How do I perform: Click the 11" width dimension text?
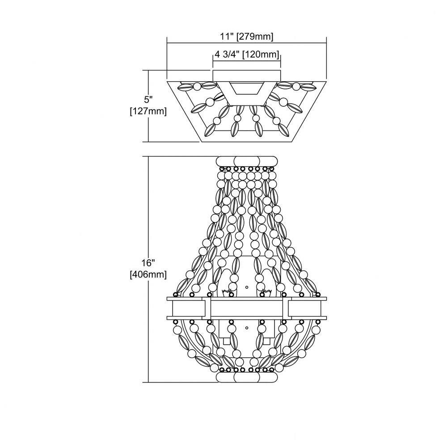pyautogui.click(x=227, y=37)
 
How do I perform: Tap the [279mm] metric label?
pyautogui.click(x=255, y=37)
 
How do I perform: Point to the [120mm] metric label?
pyautogui.click(x=261, y=54)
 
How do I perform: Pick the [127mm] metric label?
pyautogui.click(x=148, y=111)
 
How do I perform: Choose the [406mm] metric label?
pyautogui.click(x=148, y=275)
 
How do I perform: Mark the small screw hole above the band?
pyautogui.click(x=247, y=287)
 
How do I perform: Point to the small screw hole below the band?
pyautogui.click(x=247, y=328)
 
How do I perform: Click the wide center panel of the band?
pyautogui.click(x=247, y=308)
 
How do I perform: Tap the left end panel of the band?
pyautogui.click(x=189, y=308)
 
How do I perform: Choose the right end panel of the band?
pyautogui.click(x=305, y=308)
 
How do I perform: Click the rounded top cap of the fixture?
pyautogui.click(x=247, y=161)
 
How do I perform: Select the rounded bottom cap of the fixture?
pyautogui.click(x=247, y=377)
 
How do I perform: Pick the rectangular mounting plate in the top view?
pyautogui.click(x=247, y=76)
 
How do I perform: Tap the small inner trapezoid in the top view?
pyautogui.click(x=247, y=89)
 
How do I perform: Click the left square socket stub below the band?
pyautogui.click(x=227, y=341)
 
